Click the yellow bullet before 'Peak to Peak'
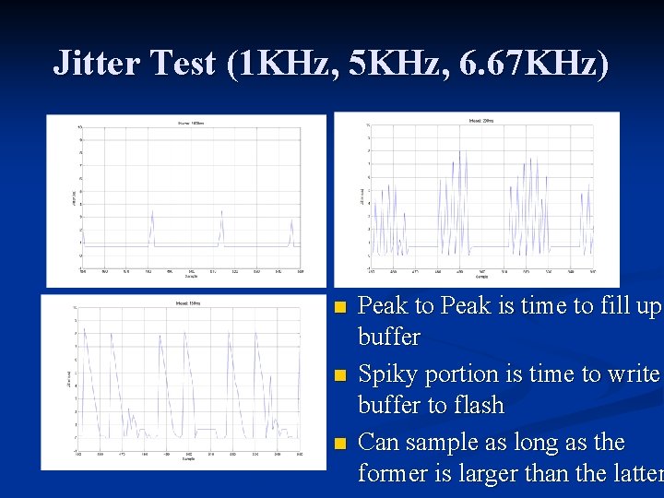(340, 307)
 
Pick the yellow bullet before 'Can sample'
(340, 445)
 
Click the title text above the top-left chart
(191, 123)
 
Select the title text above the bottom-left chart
(188, 302)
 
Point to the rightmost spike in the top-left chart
(291, 231)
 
